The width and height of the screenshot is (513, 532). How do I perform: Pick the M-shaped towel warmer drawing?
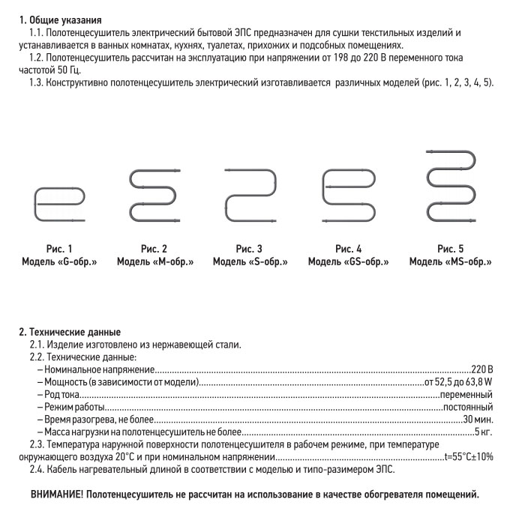(154, 196)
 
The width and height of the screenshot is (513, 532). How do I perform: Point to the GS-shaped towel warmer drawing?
(348, 196)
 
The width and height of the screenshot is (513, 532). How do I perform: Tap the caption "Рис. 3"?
(249, 249)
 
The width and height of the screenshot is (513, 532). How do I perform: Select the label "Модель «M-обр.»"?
(154, 262)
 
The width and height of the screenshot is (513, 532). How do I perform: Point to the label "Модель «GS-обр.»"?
(349, 262)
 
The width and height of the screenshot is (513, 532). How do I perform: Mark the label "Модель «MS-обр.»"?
(451, 262)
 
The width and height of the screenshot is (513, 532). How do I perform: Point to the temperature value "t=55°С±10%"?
(468, 456)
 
